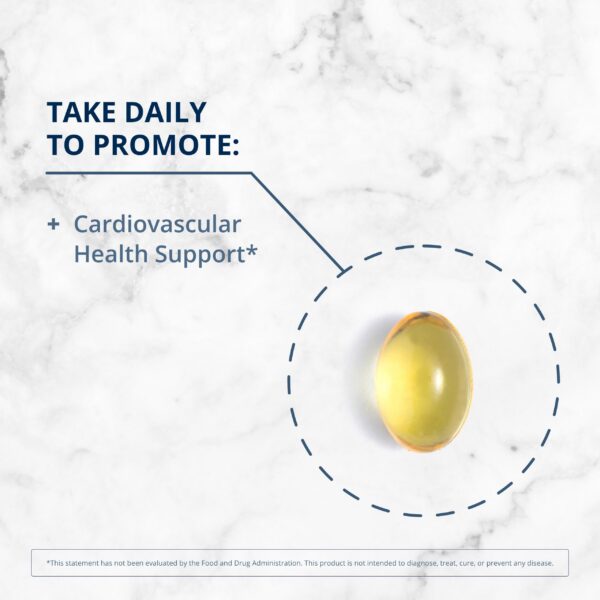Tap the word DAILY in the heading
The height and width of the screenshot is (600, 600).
point(164,111)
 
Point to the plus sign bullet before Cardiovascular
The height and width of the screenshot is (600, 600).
point(53,224)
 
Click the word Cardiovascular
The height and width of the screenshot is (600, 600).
point(157,223)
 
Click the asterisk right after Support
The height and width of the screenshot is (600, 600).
point(252,249)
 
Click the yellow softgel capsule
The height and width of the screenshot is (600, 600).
point(423,380)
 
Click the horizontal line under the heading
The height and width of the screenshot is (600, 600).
point(150,173)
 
